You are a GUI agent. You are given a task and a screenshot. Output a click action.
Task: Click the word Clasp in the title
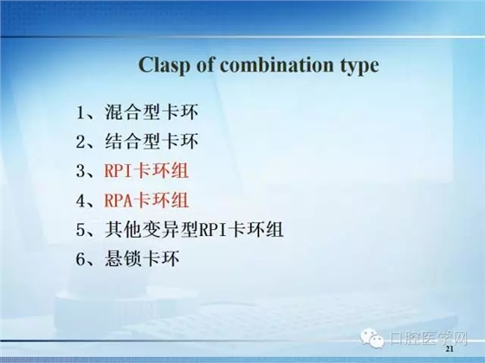tap(165, 66)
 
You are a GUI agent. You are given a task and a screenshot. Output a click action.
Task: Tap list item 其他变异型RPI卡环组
tap(191, 230)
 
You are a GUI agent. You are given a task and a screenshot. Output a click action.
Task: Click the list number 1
tap(81, 112)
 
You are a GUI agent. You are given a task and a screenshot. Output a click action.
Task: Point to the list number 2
tap(81, 142)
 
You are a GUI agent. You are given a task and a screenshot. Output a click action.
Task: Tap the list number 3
tap(81, 171)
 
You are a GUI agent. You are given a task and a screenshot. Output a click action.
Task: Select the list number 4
tap(81, 201)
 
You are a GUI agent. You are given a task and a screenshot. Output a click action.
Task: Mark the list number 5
tap(81, 230)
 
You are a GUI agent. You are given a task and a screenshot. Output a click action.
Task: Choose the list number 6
tap(81, 259)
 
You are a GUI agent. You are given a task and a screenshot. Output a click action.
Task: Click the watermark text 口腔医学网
tap(428, 337)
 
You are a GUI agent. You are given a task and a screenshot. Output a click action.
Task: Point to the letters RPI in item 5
tap(212, 230)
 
